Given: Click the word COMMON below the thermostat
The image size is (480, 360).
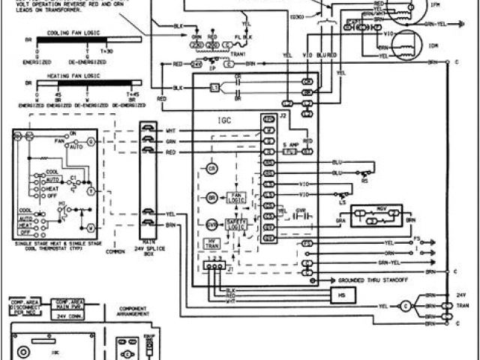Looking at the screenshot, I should [115, 250].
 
